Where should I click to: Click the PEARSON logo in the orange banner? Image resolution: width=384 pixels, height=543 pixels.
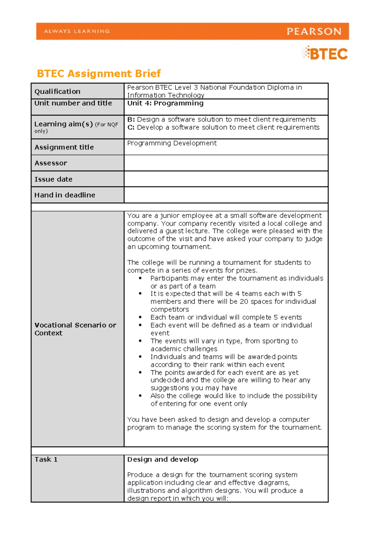point(314,31)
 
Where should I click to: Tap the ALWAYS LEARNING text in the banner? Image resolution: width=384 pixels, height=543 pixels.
point(77,31)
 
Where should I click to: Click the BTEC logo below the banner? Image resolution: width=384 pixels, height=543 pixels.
point(325,53)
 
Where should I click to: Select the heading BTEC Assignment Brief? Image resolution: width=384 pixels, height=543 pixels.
point(99,74)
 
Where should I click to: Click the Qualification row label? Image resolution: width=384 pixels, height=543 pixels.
point(57,91)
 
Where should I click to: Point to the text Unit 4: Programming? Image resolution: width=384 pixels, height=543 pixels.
point(165,103)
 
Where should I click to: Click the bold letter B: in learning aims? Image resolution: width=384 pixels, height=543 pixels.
point(131,120)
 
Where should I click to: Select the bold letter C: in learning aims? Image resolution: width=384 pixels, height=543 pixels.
point(131,128)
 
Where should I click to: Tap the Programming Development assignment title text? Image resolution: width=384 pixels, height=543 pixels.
point(172,143)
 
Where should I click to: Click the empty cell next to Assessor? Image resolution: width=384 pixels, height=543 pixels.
point(226,163)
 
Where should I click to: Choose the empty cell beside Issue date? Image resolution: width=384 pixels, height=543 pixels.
point(226,179)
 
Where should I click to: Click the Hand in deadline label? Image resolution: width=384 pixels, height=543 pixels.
point(65,195)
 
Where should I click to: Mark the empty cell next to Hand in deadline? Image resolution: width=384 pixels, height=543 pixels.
point(226,195)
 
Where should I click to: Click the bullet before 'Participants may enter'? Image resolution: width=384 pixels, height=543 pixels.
point(140,279)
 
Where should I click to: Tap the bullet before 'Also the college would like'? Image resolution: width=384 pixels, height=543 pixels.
point(140,396)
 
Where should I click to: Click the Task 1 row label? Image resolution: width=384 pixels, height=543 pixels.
point(46,460)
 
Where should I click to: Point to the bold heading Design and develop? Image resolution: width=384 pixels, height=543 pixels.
point(163,460)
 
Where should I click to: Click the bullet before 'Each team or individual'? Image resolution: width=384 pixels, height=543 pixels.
point(140,318)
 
